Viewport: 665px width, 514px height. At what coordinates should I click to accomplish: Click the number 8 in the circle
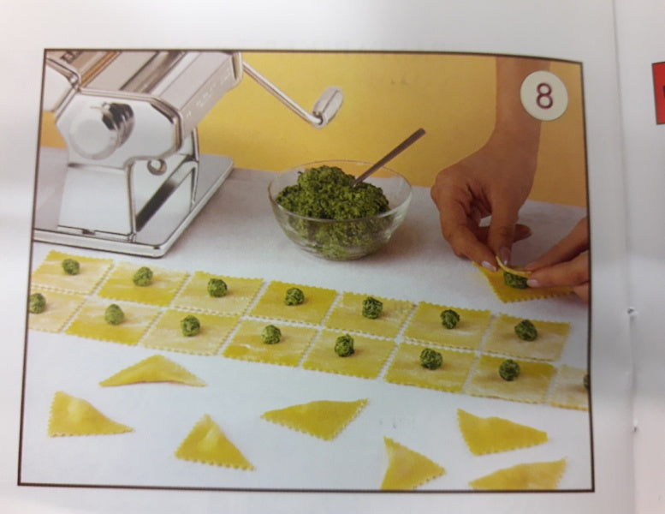click(x=544, y=96)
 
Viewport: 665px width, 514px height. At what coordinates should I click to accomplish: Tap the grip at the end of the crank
click(x=329, y=106)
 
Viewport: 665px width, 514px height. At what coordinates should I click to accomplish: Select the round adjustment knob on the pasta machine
click(x=102, y=128)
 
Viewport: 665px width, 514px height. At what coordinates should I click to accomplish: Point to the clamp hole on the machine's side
click(x=157, y=166)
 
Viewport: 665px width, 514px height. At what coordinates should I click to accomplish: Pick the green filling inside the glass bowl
click(x=333, y=208)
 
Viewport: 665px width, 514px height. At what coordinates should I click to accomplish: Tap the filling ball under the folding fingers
click(x=516, y=280)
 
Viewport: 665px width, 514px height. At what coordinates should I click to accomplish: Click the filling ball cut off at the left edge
click(x=37, y=303)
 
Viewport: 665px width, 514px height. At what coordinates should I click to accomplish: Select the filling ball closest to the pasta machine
click(x=71, y=266)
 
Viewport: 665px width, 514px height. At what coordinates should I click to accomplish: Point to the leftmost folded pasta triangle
click(x=85, y=416)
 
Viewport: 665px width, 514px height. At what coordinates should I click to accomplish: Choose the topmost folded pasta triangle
click(x=153, y=373)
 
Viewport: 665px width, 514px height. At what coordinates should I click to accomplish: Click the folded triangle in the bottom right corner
click(x=520, y=475)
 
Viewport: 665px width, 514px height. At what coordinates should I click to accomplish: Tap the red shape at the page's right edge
click(x=659, y=93)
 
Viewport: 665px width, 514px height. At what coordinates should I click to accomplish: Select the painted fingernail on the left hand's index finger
click(x=489, y=266)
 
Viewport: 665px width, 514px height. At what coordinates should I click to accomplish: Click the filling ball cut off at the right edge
click(x=586, y=380)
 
